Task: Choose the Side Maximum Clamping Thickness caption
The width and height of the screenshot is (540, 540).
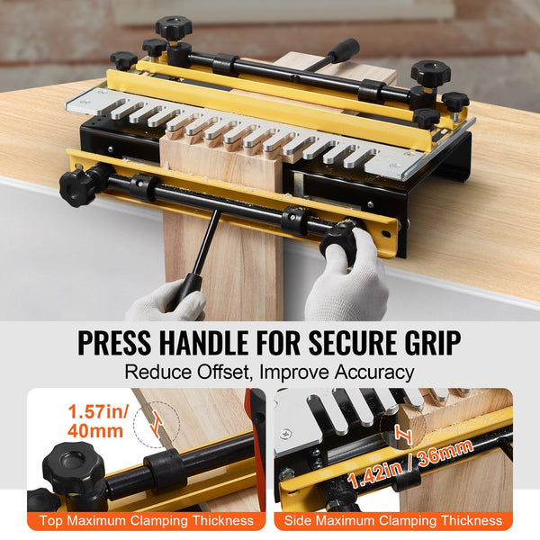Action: click(393, 521)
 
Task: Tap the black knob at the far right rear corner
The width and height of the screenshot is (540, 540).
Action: click(454, 101)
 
